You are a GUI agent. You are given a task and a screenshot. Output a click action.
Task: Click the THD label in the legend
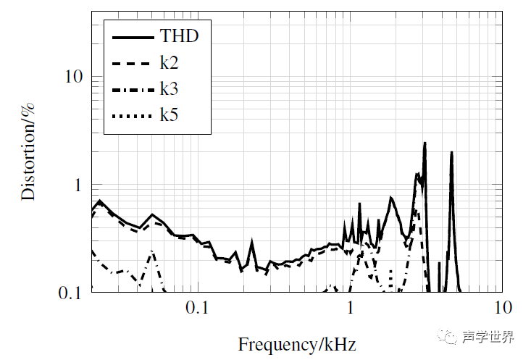[179, 35]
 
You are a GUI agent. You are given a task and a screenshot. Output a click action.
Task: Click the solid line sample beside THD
[133, 35]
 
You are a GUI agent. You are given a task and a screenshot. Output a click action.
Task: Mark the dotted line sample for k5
[133, 115]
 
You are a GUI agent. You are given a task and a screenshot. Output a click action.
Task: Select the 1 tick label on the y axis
[77, 185]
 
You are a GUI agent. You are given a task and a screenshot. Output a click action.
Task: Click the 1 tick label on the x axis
[350, 308]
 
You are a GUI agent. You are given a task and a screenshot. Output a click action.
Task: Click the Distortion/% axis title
[28, 151]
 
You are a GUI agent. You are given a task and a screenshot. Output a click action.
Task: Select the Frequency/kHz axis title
[297, 343]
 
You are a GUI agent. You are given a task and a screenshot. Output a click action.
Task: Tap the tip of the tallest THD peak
[425, 143]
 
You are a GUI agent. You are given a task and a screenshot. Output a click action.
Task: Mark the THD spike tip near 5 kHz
[451, 153]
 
